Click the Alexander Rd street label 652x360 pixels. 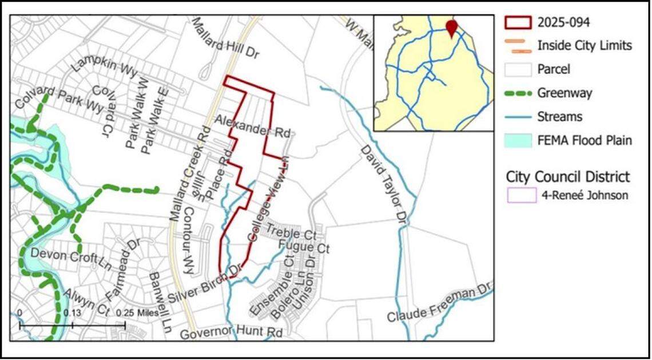pyautogui.click(x=252, y=126)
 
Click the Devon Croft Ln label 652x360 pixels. pyautogui.click(x=71, y=259)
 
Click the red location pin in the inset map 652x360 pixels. pyautogui.click(x=452, y=28)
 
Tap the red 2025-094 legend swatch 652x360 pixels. pyautogui.click(x=518, y=23)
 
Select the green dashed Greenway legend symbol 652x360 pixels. pyautogui.click(x=518, y=93)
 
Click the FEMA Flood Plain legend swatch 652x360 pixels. pyautogui.click(x=518, y=140)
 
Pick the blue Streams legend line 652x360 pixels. pyautogui.click(x=518, y=116)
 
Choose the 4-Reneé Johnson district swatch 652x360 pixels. pyautogui.click(x=521, y=195)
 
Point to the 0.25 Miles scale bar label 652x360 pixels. pyautogui.click(x=138, y=313)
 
